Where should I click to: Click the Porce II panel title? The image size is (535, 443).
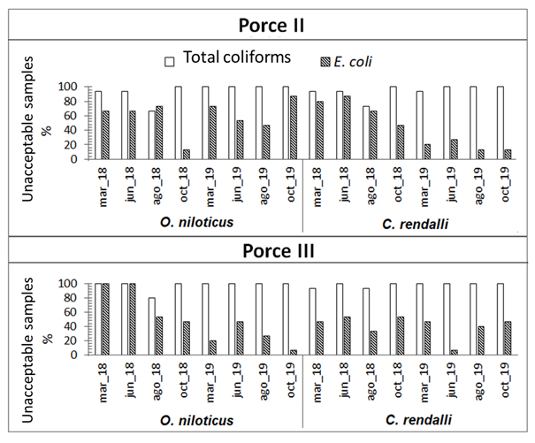266,25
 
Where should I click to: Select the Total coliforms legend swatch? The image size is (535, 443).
170,61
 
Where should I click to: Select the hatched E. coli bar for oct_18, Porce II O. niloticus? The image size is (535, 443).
187,154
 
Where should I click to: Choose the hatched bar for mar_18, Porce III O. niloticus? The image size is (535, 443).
106,319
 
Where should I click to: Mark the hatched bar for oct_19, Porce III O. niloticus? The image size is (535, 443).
295,352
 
